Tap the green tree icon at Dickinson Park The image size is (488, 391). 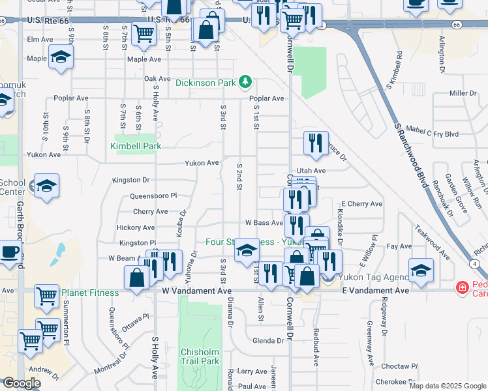click(x=245, y=82)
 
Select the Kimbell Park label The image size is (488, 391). click(x=136, y=147)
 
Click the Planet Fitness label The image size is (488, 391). click(x=91, y=293)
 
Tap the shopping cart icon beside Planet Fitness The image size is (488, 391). click(x=46, y=296)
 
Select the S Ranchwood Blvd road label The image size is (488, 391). click(x=410, y=156)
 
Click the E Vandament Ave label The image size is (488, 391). click(x=376, y=291)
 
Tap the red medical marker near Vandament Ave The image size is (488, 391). click(x=462, y=287)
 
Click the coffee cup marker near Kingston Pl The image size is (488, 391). click(x=9, y=252)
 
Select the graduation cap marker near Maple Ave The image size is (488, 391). click(x=61, y=57)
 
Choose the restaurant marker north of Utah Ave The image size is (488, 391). click(x=316, y=143)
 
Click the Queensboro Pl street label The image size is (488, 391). click(x=153, y=195)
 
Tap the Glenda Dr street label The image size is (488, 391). click(x=267, y=341)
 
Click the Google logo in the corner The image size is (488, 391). click(x=22, y=383)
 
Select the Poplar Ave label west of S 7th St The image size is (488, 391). click(x=72, y=98)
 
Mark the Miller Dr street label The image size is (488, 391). click(x=463, y=93)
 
